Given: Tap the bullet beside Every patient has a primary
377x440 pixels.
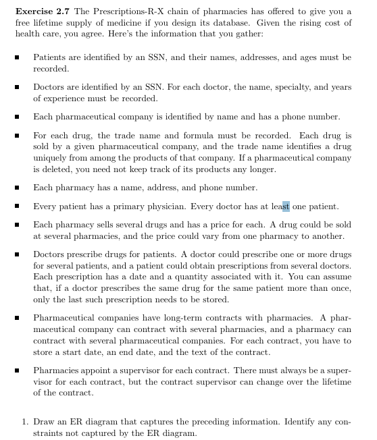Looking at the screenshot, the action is pos(16,207).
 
